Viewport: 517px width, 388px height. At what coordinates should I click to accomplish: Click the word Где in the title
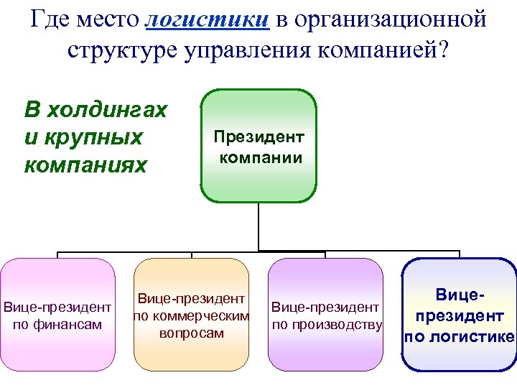point(52,19)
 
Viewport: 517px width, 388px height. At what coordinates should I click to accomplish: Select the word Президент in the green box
point(258,137)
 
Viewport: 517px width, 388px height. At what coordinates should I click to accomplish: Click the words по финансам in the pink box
point(57,324)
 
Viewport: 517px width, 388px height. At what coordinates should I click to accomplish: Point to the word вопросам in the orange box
point(191,333)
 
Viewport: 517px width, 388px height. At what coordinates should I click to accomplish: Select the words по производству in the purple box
point(326,324)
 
